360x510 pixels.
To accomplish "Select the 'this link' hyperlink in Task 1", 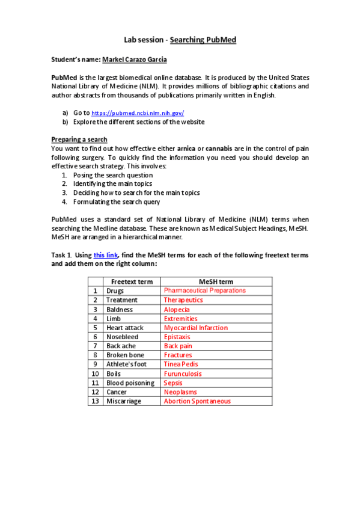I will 106,254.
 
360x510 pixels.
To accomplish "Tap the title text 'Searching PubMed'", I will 203,40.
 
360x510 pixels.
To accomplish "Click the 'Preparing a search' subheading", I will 79,140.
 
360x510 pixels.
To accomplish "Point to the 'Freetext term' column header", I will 132,281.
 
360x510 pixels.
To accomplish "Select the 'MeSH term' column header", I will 216,281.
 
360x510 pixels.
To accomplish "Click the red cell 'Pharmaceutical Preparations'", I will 204,290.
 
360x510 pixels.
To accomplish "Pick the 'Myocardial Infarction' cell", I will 195,328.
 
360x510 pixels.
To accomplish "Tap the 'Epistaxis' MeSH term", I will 177,337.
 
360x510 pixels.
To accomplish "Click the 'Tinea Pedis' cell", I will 180,364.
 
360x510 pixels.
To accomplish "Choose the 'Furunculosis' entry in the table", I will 183,373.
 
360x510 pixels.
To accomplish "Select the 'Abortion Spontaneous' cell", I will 197,401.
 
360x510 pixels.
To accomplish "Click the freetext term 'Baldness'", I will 120,309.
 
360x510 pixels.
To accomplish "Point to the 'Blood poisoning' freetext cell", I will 130,383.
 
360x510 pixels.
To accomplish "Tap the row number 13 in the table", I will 94,401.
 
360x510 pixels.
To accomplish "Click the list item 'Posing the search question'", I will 112,175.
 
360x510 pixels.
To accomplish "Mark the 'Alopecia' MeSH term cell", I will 177,309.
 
